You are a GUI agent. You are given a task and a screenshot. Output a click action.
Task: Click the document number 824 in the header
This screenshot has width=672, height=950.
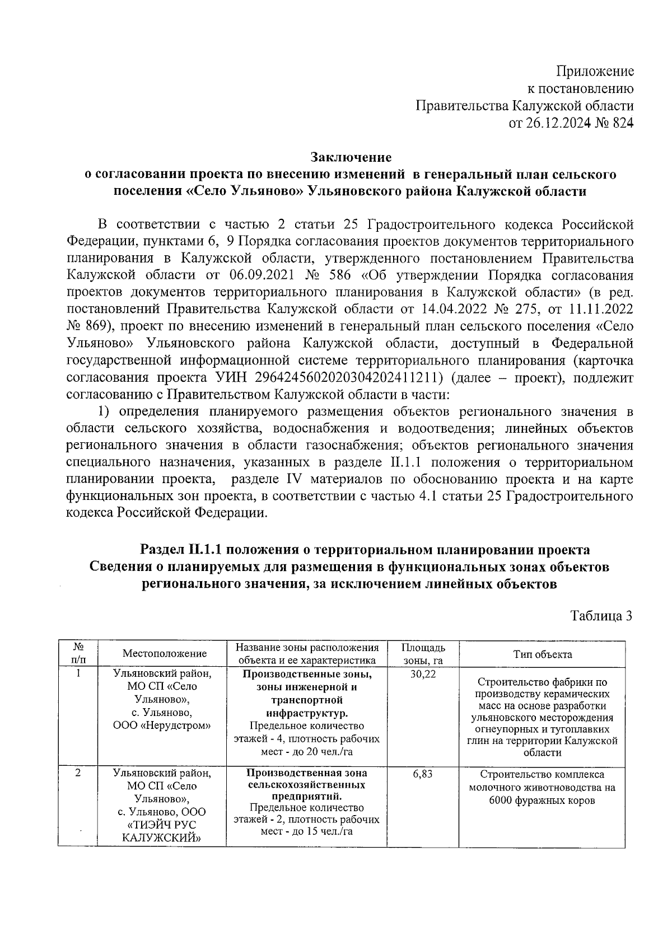(623, 123)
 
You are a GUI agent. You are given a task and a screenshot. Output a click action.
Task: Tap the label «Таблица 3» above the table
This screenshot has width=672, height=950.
(601, 616)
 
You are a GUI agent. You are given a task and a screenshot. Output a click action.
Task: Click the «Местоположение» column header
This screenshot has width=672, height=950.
(165, 653)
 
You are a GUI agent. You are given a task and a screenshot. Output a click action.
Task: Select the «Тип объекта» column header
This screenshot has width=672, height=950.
(543, 654)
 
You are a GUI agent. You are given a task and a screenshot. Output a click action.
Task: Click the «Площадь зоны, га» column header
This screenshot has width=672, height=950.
(423, 654)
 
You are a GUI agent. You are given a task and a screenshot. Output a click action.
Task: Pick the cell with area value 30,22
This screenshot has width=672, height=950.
(423, 675)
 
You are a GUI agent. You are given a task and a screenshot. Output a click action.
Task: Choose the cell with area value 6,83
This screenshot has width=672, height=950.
(423, 774)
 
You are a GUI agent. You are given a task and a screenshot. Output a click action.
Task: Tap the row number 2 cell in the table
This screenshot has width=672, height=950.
(78, 773)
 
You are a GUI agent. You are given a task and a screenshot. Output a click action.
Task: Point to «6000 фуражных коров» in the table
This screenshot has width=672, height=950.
(542, 801)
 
